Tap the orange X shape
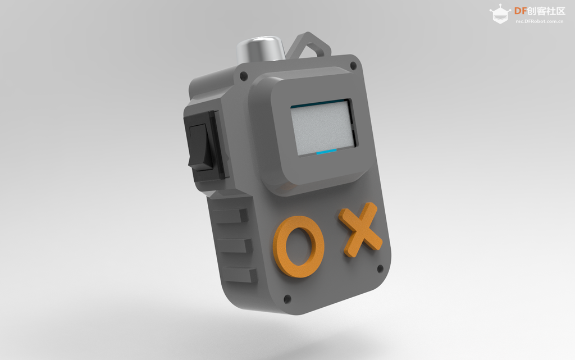[361, 230]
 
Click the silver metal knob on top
[261, 49]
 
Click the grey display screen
[323, 127]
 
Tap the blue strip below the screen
[326, 152]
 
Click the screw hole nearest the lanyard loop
[353, 66]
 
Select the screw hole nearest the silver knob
[244, 76]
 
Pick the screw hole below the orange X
[380, 268]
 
